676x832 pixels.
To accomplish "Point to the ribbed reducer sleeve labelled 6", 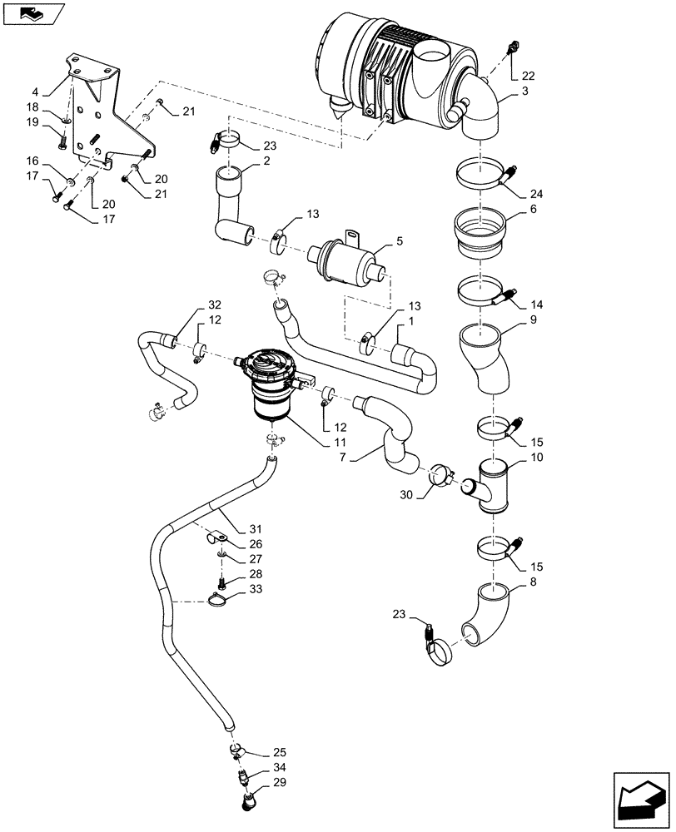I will (x=480, y=230).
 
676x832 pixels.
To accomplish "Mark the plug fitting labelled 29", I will (x=246, y=805).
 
